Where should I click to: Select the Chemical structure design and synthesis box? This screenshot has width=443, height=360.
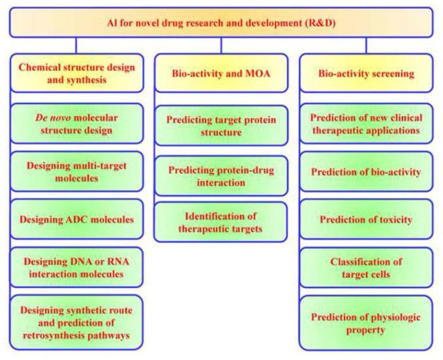77,74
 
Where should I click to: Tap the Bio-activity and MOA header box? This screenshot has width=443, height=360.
221,74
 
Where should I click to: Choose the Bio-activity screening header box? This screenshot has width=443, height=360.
365,74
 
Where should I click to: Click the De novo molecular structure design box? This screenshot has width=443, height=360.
77,123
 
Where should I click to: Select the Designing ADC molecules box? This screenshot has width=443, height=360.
77,219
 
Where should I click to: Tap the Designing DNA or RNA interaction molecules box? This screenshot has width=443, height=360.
77,268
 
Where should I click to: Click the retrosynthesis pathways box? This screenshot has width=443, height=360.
77,321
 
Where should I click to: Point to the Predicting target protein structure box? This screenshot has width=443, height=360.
221,126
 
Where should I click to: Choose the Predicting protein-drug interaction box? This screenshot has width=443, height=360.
221,176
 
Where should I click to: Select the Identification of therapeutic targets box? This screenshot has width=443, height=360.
221,222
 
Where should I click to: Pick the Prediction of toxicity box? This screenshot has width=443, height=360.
365,220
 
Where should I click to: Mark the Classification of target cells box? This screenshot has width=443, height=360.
365,267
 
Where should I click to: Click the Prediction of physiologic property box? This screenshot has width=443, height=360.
365,321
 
